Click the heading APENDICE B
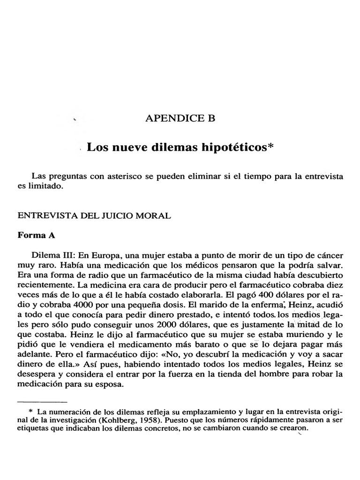point(181,119)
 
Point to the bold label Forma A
point(37,236)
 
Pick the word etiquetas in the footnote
point(32,428)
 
